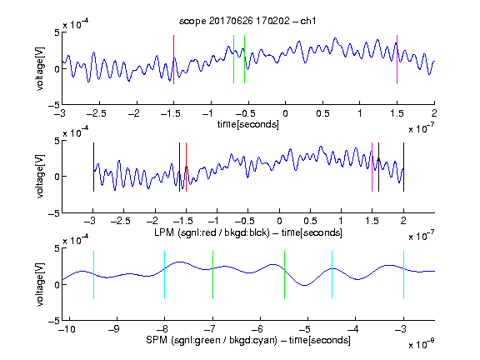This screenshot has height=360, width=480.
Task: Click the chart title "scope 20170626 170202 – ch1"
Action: click(247, 21)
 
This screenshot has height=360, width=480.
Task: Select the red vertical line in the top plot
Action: click(173, 59)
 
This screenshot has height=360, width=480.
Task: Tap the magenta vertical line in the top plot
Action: click(397, 59)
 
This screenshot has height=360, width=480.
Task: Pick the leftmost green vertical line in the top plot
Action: click(233, 59)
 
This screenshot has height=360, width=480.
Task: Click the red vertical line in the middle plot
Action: click(186, 167)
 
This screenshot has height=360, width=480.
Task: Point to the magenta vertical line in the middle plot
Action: click(372, 167)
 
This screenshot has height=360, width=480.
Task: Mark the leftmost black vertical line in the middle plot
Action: click(93, 167)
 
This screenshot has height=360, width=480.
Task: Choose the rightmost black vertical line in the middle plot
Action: click(403, 167)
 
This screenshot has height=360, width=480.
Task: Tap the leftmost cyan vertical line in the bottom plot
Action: click(93, 275)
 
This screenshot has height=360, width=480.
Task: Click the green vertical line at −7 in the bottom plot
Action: click(212, 275)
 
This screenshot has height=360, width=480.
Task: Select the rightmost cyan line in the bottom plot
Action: click(403, 275)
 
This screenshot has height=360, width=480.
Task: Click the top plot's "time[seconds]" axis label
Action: click(248, 124)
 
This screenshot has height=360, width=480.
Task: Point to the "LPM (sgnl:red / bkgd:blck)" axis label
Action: click(212, 232)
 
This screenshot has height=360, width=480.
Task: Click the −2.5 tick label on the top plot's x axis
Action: click(96, 113)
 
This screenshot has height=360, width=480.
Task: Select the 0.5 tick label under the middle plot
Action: click(310, 221)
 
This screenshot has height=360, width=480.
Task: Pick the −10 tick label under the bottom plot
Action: click(66, 329)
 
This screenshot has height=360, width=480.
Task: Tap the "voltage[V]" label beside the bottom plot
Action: click(40, 284)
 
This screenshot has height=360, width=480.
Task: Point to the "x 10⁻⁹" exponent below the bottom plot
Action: click(422, 344)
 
